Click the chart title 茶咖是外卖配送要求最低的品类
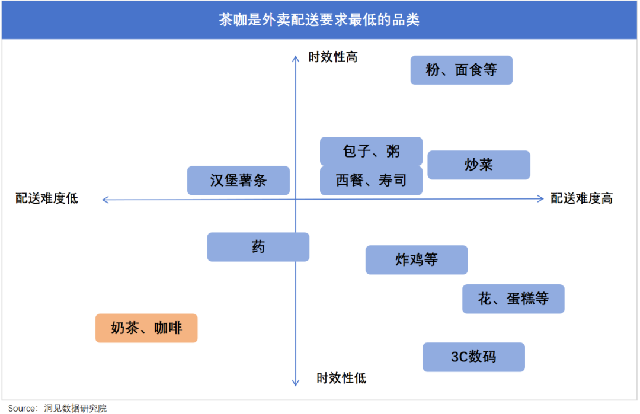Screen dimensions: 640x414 pyautogui.click(x=319, y=20)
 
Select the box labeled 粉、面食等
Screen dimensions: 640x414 pyautogui.click(x=461, y=70)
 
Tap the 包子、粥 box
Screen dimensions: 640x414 pyautogui.click(x=371, y=151)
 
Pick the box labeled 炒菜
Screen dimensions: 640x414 pyautogui.click(x=479, y=165)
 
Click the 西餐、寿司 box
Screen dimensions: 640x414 pyautogui.click(x=371, y=180)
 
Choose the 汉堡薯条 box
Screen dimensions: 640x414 pyautogui.click(x=238, y=180)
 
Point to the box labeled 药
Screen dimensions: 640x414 pyautogui.click(x=258, y=247)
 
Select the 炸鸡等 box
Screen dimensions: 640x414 pyautogui.click(x=417, y=260)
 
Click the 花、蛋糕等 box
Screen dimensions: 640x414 pyautogui.click(x=513, y=299)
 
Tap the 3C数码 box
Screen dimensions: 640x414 pyautogui.click(x=473, y=357)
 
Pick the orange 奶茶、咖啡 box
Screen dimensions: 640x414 pyautogui.click(x=146, y=328)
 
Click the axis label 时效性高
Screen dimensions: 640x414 pyautogui.click(x=332, y=57)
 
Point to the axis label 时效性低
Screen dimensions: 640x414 pyautogui.click(x=341, y=378)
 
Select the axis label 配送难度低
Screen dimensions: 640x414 pyautogui.click(x=47, y=198)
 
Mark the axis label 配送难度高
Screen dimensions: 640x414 pyautogui.click(x=582, y=198)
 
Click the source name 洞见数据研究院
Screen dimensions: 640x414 pyautogui.click(x=75, y=408)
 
